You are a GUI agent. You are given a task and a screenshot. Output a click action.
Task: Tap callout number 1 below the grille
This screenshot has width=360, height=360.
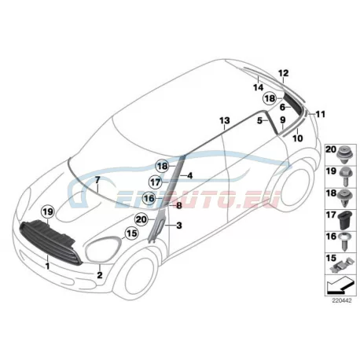click(47, 266)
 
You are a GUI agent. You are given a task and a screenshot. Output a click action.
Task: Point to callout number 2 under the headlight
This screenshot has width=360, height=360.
click(100, 275)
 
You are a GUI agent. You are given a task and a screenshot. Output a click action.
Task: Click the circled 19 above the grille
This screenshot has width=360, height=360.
click(48, 211)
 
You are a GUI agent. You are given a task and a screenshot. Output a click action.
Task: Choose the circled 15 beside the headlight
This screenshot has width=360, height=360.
click(131, 233)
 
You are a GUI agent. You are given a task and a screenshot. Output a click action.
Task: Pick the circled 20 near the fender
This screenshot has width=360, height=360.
click(141, 219)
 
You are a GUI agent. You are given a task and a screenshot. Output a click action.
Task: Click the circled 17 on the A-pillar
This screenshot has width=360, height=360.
click(156, 182)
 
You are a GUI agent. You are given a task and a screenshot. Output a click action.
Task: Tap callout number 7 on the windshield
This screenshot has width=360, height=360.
click(97, 180)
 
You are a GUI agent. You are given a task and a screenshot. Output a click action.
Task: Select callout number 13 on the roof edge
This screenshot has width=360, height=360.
click(225, 121)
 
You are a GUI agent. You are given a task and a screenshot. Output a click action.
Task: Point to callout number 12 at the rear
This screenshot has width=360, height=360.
click(284, 73)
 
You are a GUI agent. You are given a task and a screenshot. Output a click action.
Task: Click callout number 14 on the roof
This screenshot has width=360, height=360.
click(259, 87)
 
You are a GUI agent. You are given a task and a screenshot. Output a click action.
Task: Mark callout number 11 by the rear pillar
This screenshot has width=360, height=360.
click(321, 114)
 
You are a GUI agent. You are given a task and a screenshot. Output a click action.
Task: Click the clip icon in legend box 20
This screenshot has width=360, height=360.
click(344, 154)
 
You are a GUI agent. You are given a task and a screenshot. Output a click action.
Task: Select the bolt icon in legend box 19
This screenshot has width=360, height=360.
click(346, 176)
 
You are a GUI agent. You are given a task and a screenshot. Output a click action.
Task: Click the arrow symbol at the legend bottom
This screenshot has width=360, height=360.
click(340, 285)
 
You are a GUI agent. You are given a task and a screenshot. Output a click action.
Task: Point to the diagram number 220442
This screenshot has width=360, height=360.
click(342, 300)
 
